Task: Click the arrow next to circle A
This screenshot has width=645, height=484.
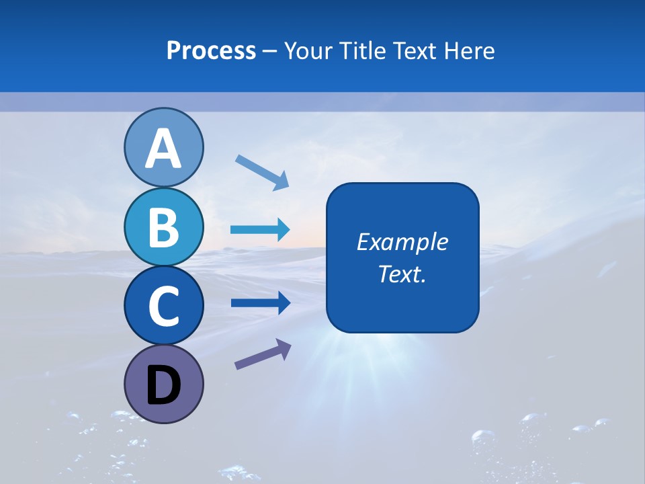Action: point(262,172)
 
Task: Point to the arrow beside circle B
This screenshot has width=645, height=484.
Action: point(260,230)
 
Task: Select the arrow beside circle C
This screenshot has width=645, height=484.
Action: point(260,303)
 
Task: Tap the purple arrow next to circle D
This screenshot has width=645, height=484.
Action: point(263,354)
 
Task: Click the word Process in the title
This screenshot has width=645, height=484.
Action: point(211,51)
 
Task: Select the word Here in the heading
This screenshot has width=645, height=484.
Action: point(470,51)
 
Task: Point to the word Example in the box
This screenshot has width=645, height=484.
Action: point(402,242)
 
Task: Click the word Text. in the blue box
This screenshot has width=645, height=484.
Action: point(402,274)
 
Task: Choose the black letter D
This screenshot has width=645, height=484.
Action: point(163,386)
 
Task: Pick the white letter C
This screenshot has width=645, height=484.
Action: point(163,306)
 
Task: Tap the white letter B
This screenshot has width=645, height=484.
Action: point(163,227)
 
